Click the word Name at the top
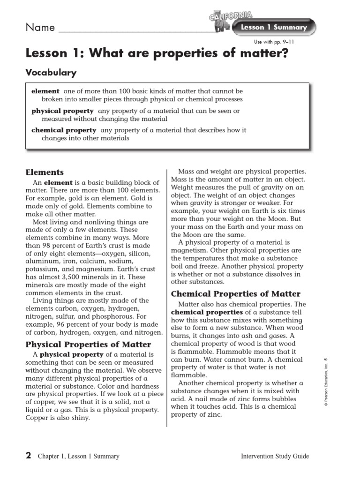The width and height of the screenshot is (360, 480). [x=40, y=28]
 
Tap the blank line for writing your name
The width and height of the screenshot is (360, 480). [x=136, y=31]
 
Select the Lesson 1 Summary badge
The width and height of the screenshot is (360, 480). [x=273, y=28]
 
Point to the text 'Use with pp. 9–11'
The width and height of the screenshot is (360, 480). [x=274, y=42]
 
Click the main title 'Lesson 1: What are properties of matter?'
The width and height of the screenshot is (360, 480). [x=157, y=54]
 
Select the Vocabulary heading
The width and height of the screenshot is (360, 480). [x=51, y=73]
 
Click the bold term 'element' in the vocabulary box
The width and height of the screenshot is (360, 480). [x=45, y=91]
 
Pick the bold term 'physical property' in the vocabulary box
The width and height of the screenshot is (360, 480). [x=62, y=111]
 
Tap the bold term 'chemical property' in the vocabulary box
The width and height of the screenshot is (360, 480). [x=64, y=130]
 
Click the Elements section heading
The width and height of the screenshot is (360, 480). [x=45, y=172]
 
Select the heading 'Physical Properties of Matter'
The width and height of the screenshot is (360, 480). [x=88, y=345]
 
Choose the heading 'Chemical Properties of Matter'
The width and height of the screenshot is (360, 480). [x=236, y=294]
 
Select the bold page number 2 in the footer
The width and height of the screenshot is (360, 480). [x=28, y=456]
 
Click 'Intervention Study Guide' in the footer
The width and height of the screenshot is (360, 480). [x=275, y=456]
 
